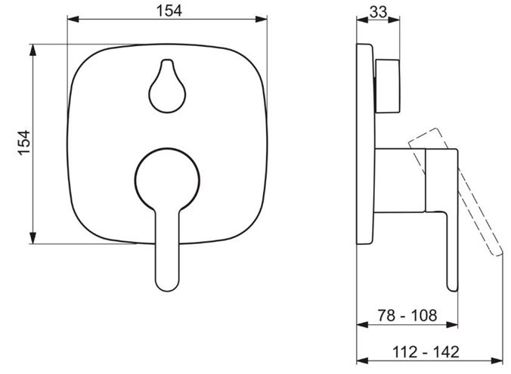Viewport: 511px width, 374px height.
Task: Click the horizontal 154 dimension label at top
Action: [x=169, y=11]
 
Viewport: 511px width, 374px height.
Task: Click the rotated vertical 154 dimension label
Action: [x=24, y=143]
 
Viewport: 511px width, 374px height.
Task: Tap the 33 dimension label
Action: [x=379, y=12]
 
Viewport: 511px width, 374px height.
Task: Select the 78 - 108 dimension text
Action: [x=407, y=315]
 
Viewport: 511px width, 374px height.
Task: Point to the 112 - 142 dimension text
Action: [x=426, y=352]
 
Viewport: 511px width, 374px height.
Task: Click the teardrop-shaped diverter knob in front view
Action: [x=167, y=86]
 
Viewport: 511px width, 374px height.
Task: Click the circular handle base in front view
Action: [x=167, y=178]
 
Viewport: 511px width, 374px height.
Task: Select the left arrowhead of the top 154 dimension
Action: [x=73, y=19]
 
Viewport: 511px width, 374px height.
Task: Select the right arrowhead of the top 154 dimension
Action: [x=262, y=19]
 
